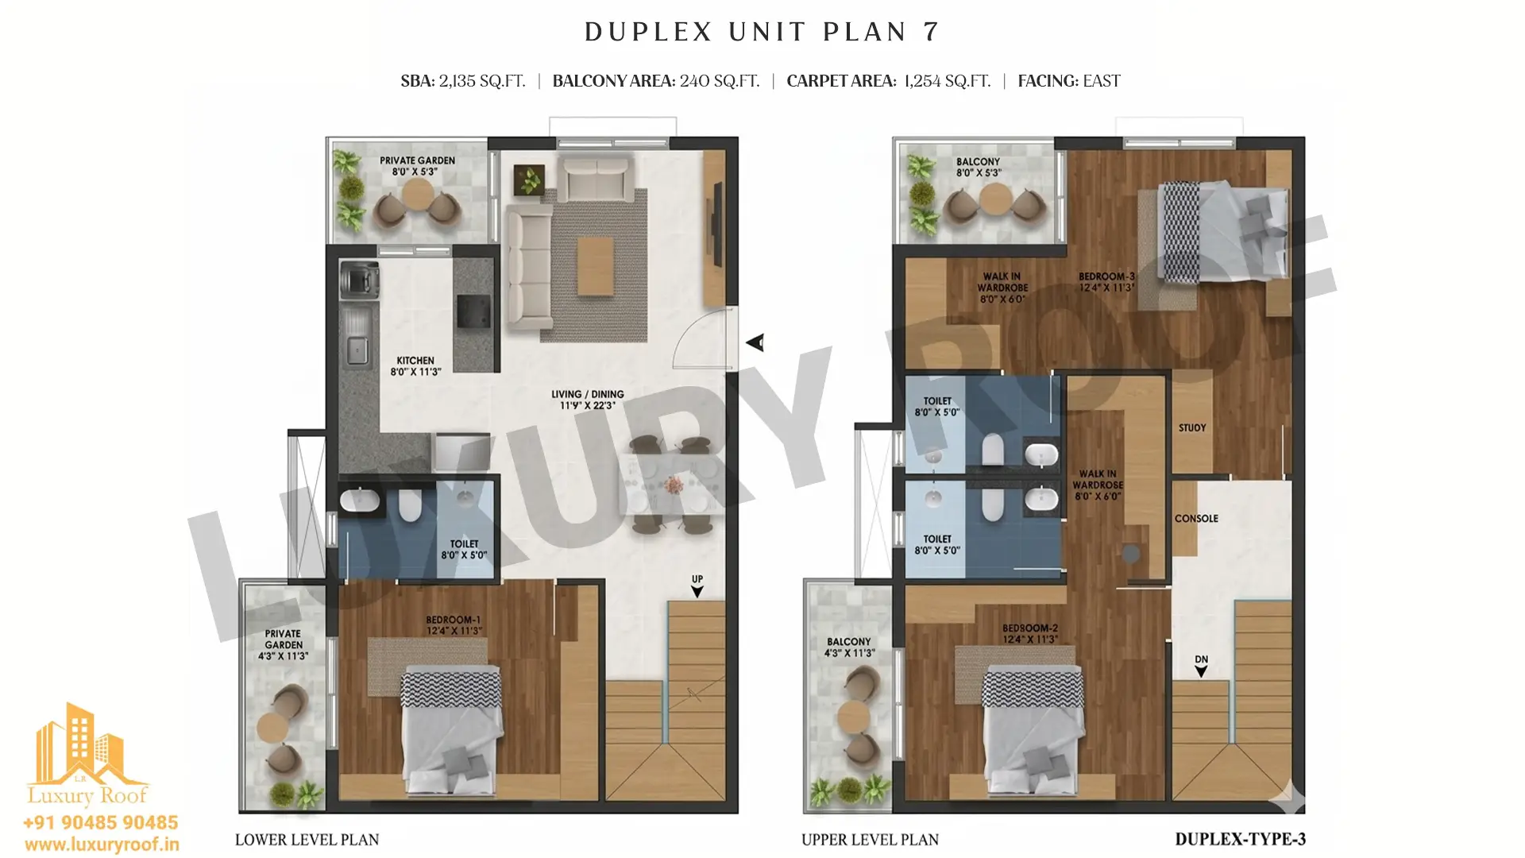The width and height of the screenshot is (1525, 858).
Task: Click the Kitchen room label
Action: coord(415,366)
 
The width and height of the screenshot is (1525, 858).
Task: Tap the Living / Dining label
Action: coord(588,400)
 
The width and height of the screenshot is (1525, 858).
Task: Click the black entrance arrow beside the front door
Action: coord(755,342)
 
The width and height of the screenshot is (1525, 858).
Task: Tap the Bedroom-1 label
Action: coord(454,625)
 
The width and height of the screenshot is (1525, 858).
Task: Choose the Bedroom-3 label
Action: coord(1106,282)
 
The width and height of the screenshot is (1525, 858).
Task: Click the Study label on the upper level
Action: coord(1192,427)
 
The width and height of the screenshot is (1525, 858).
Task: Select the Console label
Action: coord(1196,519)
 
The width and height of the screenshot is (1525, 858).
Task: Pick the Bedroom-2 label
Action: coord(1030,633)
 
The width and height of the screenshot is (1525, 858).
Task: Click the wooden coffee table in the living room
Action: coord(596,266)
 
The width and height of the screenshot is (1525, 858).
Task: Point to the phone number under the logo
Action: coord(101,822)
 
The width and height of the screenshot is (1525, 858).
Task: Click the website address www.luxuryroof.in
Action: coord(102,844)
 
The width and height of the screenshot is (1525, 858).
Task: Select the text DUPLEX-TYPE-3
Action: coord(1240,839)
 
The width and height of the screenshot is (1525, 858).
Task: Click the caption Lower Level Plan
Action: coord(307,840)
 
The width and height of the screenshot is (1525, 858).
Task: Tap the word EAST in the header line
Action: coord(1101,81)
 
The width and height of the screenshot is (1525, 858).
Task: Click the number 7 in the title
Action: coord(931,32)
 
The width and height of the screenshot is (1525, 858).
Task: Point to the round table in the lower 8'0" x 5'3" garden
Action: coord(417,193)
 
